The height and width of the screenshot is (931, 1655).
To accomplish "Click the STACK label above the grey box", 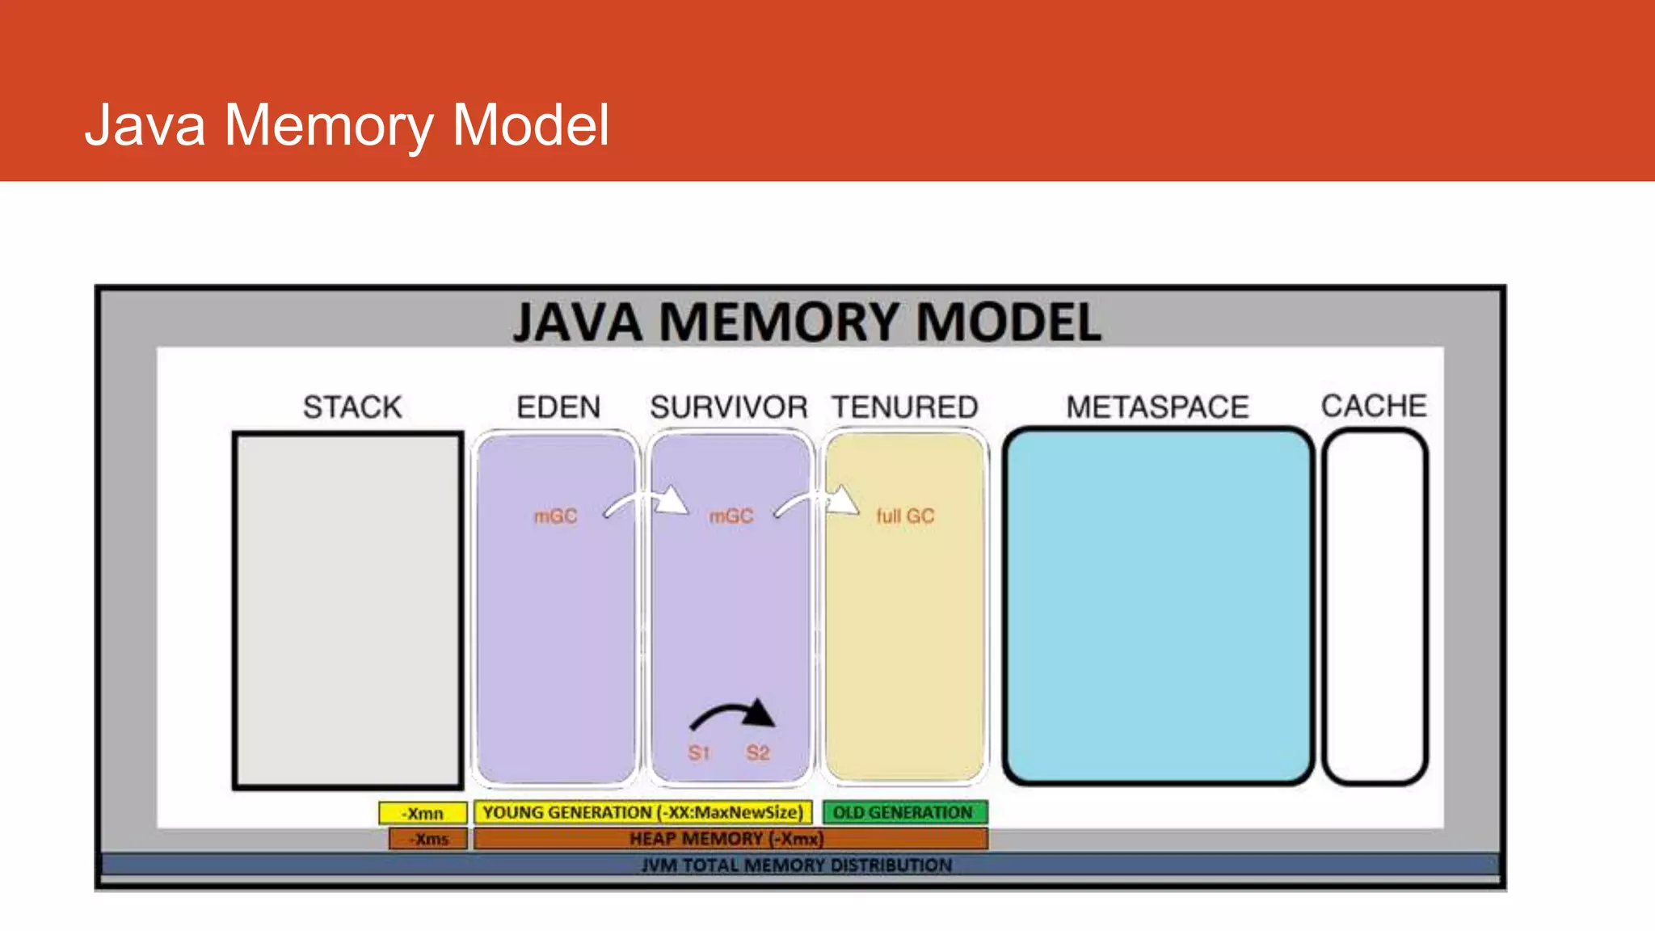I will coord(352,407).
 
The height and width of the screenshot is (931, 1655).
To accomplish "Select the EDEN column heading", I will coord(558,407).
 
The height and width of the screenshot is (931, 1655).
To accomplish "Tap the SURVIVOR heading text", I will coord(729,407).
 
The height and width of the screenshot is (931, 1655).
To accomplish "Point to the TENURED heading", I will coord(905,407).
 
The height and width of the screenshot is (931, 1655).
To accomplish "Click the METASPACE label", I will coord(1157,407).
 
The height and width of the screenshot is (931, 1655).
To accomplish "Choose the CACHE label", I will coord(1374,405).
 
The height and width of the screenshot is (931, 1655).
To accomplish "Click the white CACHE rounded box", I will coord(1375,606).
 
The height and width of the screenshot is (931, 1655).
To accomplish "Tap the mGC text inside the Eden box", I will coord(556,516).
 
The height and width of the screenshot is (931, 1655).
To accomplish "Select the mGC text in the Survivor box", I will coord(731,516).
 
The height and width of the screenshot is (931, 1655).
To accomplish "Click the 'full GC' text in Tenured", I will coord(905,516).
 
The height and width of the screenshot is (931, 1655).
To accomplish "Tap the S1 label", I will coord(699,753).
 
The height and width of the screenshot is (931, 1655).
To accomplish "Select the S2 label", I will coord(758,753).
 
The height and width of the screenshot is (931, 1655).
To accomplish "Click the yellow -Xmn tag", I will coord(423,813).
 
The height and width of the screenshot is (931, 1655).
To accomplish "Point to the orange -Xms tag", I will coord(428,839).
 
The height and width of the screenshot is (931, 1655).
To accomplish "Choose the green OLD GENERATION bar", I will coord(904,812).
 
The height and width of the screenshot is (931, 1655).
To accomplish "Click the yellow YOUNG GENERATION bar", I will coord(642,812).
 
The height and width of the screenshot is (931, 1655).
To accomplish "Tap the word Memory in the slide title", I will coord(328,125).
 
